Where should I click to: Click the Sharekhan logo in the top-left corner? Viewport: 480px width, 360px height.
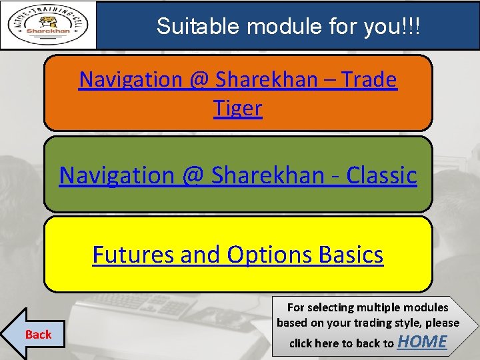[48, 25]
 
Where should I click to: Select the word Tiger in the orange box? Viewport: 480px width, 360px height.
[238, 107]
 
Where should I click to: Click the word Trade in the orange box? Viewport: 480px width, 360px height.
[369, 79]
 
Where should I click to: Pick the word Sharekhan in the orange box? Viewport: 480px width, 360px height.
[275, 79]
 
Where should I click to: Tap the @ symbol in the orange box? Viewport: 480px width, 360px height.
[199, 79]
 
